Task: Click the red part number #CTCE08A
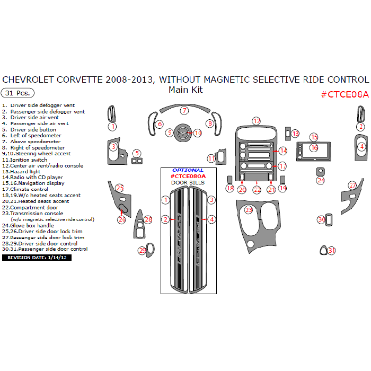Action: click(x=344, y=94)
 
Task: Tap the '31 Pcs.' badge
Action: click(x=18, y=93)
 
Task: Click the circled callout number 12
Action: click(x=257, y=121)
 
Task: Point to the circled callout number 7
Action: click(x=184, y=111)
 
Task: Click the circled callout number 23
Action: click(x=249, y=210)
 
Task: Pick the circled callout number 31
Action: click(x=332, y=250)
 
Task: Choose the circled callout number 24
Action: click(x=321, y=180)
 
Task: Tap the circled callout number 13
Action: click(x=295, y=134)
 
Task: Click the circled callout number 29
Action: click(x=143, y=250)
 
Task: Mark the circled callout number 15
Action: click(x=314, y=137)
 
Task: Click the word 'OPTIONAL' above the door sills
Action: click(x=188, y=170)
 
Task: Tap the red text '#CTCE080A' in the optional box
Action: click(x=188, y=176)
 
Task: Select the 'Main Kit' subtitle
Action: click(x=185, y=90)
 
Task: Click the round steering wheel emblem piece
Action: click(x=182, y=132)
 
